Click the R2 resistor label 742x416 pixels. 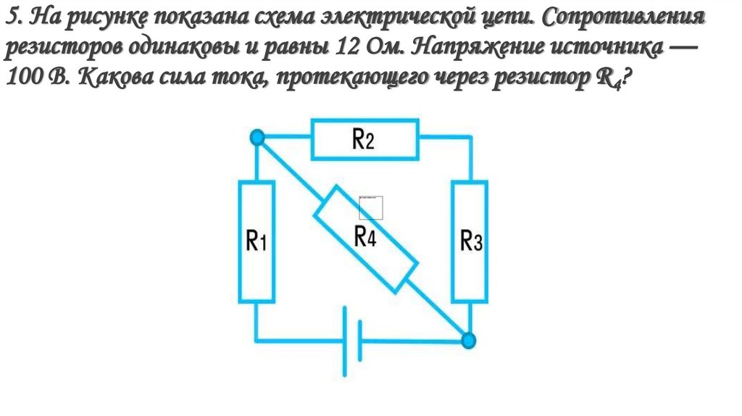point(363,139)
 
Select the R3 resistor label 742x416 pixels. point(471,241)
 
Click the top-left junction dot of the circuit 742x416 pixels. point(256,138)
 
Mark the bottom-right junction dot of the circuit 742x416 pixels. point(470,339)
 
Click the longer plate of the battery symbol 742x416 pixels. point(343,341)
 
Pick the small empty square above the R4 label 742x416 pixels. point(370,207)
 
